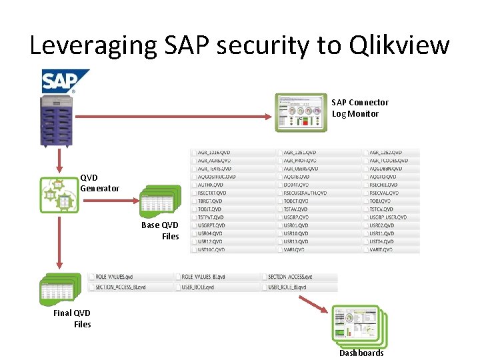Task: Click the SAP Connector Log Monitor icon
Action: pyautogui.click(x=301, y=111)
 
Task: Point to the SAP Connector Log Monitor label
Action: pyautogui.click(x=359, y=108)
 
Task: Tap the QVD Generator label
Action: pyautogui.click(x=99, y=183)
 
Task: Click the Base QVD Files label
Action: pyautogui.click(x=161, y=231)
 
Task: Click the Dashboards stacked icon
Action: pyautogui.click(x=359, y=325)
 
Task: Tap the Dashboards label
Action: pyautogui.click(x=361, y=353)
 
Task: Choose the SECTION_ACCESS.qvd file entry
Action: pyautogui.click(x=290, y=277)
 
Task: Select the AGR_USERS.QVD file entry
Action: pyautogui.click(x=299, y=169)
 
